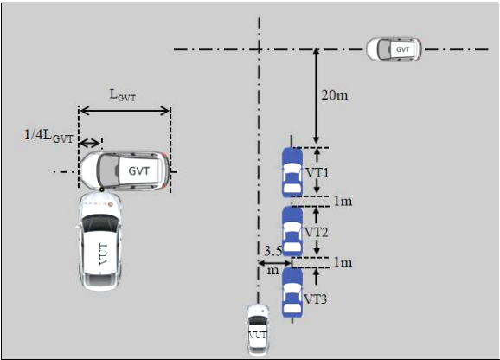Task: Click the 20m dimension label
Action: pyautogui.click(x=335, y=95)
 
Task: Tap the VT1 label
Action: pyautogui.click(x=317, y=173)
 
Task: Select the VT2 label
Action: pyautogui.click(x=316, y=232)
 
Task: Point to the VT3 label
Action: pyautogui.click(x=315, y=299)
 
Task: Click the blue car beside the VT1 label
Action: pyautogui.click(x=292, y=172)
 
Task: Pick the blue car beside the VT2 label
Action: pyautogui.click(x=292, y=232)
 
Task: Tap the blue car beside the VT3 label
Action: pyautogui.click(x=292, y=292)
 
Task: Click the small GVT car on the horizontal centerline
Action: pyautogui.click(x=394, y=49)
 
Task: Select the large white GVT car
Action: pyautogui.click(x=125, y=171)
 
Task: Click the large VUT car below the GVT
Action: pyautogui.click(x=99, y=241)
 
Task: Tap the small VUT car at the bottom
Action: pyautogui.click(x=258, y=330)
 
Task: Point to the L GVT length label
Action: pyautogui.click(x=123, y=95)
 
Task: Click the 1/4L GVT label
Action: pyautogui.click(x=48, y=136)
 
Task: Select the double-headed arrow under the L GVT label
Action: pyautogui.click(x=125, y=111)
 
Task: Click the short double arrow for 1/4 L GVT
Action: pyautogui.click(x=90, y=144)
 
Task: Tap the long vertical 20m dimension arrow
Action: pyautogui.click(x=316, y=96)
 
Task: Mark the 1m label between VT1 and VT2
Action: pyautogui.click(x=343, y=202)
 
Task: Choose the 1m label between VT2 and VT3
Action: pyautogui.click(x=343, y=262)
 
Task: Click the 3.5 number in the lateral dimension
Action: pyautogui.click(x=273, y=251)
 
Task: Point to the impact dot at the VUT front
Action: pyautogui.click(x=102, y=190)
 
